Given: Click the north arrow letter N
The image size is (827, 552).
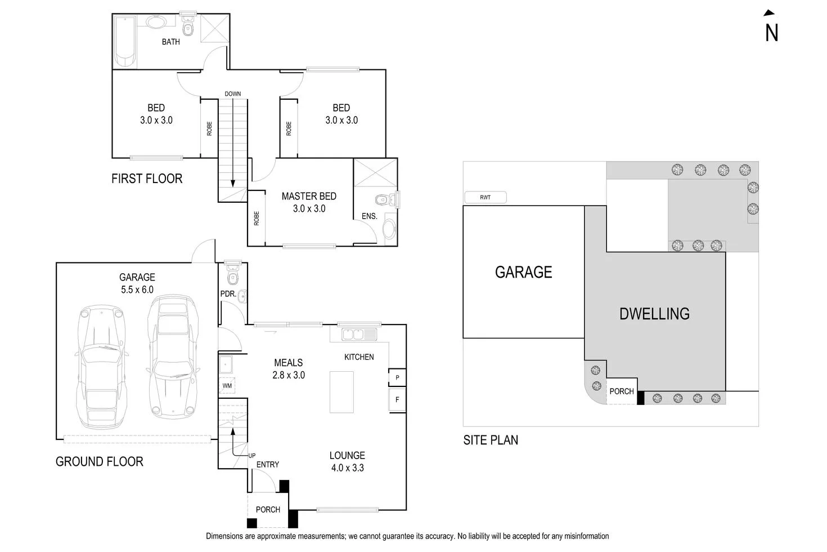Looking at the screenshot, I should [x=771, y=33].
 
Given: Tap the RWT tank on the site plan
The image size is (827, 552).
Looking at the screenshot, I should [x=486, y=197].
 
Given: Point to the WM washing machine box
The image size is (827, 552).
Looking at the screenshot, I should [x=227, y=386].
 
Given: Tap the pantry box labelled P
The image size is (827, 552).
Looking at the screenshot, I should [x=397, y=377].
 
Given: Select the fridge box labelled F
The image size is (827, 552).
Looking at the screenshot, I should [x=397, y=400].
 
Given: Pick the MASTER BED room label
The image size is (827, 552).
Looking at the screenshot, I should [x=309, y=196].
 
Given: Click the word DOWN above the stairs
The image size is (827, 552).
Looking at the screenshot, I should [x=232, y=94].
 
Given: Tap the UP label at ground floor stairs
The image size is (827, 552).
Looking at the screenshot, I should [x=251, y=456].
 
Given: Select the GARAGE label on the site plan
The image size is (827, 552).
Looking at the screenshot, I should [x=523, y=273].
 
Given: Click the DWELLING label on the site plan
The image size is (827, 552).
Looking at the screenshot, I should [x=654, y=314].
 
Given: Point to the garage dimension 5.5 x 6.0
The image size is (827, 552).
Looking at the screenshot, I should [x=137, y=290].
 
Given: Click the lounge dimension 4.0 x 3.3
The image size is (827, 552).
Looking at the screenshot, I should [x=347, y=468].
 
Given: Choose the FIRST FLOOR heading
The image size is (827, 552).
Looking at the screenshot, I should [x=147, y=179].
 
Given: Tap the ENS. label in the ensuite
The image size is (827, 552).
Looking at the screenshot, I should [x=369, y=216].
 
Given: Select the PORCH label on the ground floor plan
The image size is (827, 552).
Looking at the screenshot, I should [x=268, y=509].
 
